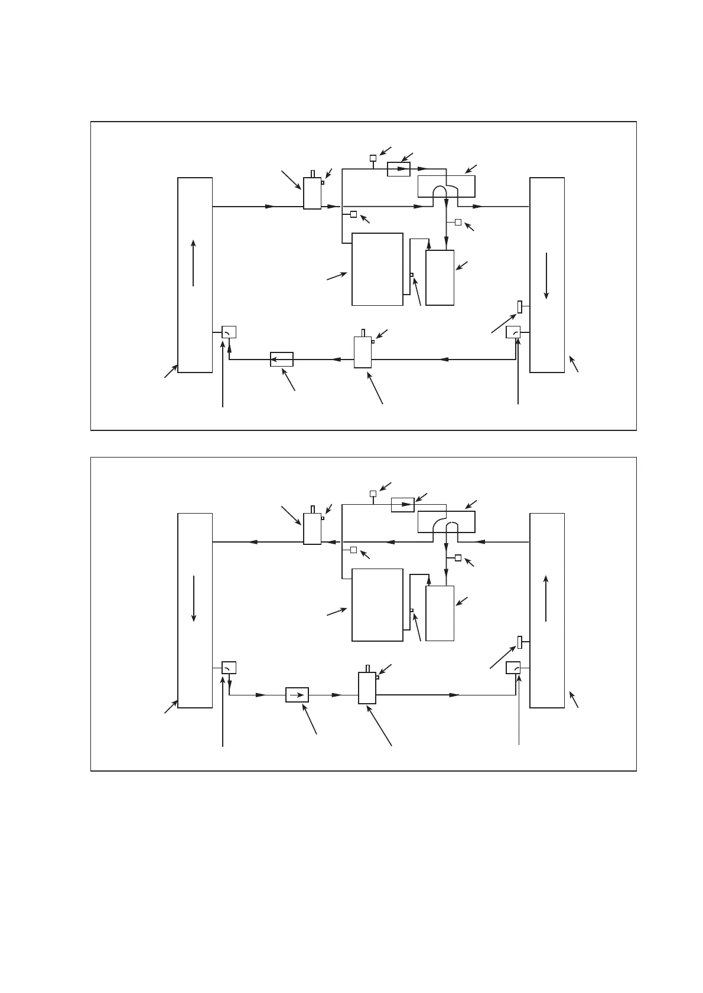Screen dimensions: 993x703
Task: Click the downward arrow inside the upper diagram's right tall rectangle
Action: click(x=547, y=276)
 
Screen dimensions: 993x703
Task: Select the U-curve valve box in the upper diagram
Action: click(x=446, y=187)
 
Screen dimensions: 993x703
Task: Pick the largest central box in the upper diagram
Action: click(x=377, y=269)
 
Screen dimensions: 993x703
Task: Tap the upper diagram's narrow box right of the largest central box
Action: click(x=440, y=277)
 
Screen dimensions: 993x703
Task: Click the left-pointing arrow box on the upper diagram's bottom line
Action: click(x=282, y=359)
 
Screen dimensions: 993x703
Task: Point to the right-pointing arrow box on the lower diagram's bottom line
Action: click(x=297, y=695)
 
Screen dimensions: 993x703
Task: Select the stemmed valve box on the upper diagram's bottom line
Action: click(x=363, y=352)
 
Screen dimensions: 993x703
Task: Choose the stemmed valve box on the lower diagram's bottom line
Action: click(x=367, y=688)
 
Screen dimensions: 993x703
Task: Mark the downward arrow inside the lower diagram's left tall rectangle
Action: click(x=194, y=598)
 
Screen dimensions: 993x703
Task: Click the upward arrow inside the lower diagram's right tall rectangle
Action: click(x=547, y=598)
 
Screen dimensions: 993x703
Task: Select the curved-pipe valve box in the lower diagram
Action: click(x=446, y=522)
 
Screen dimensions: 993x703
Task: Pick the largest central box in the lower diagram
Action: click(x=377, y=605)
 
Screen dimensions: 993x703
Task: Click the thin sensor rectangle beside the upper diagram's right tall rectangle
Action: click(x=520, y=307)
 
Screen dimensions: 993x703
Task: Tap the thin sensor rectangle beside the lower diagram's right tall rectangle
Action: click(x=520, y=642)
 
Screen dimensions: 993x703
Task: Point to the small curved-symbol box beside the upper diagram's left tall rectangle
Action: click(x=229, y=332)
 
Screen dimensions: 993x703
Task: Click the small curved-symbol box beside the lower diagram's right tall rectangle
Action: click(x=513, y=668)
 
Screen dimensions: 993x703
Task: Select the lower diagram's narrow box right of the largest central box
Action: click(x=440, y=613)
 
